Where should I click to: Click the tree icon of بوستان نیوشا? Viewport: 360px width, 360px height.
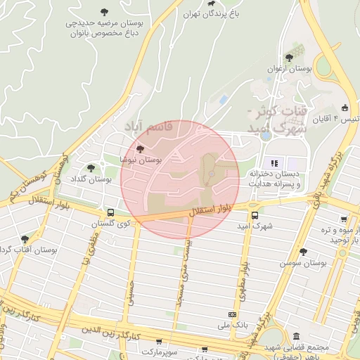[141, 149]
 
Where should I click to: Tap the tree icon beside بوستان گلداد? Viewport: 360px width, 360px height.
[91, 167]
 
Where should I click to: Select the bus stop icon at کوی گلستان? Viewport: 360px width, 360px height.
[110, 212]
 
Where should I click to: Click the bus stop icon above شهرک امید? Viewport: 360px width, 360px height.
[255, 215]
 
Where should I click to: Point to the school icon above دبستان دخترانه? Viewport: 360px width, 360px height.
[274, 163]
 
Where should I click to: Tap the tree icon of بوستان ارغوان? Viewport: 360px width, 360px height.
[289, 58]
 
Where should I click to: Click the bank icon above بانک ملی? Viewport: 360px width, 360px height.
[233, 314]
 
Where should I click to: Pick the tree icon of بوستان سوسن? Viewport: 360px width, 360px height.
[303, 251]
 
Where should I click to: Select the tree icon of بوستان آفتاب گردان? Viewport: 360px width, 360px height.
[25, 239]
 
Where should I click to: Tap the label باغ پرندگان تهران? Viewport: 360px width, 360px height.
[211, 13]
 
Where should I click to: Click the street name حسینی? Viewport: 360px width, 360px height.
[129, 292]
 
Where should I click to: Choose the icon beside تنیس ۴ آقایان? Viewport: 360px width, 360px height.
[345, 108]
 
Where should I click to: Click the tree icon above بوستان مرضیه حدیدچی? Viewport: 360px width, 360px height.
[105, 12]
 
